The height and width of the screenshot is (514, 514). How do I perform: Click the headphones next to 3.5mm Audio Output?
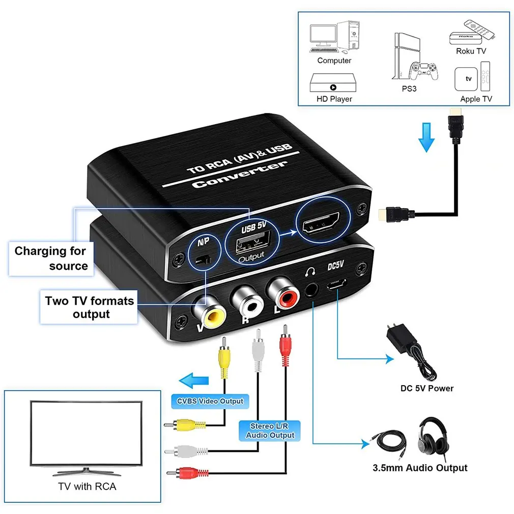click(434, 436)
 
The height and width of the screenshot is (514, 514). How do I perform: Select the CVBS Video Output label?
click(210, 401)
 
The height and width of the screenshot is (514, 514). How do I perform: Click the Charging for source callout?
click(51, 258)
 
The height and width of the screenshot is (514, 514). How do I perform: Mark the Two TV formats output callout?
click(89, 307)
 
